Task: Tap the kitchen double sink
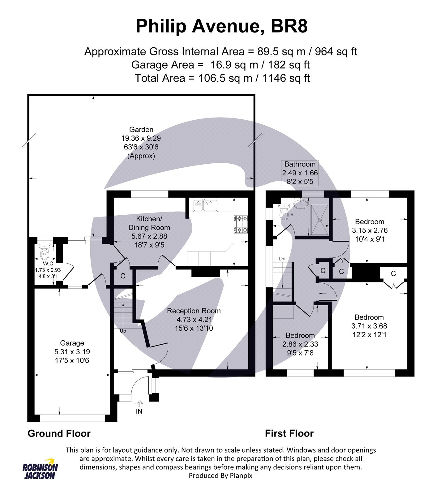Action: [205, 205]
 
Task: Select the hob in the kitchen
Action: [241, 224]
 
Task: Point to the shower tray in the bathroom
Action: [320, 220]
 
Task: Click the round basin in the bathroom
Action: [300, 204]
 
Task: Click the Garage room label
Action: [72, 343]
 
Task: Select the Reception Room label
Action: [194, 311]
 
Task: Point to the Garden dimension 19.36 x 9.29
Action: [141, 138]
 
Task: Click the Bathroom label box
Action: [300, 173]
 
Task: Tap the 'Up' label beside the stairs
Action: [123, 331]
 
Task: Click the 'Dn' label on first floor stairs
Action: [282, 259]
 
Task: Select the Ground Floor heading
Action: [59, 433]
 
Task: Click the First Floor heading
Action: [289, 433]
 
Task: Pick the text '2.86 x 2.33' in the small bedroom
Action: [300, 344]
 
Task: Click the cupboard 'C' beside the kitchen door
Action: [123, 276]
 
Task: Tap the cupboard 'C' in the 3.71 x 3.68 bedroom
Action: [393, 273]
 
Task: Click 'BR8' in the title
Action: [289, 26]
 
